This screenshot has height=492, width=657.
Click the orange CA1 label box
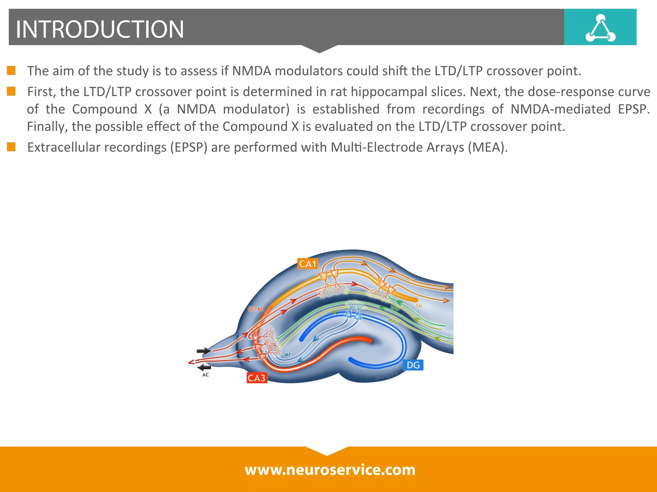click(308, 264)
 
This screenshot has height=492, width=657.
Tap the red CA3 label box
click(257, 378)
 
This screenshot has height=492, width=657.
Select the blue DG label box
click(413, 365)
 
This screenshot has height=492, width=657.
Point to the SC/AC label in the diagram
click(256, 309)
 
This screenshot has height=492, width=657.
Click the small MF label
click(288, 355)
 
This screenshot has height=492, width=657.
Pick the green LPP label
click(395, 308)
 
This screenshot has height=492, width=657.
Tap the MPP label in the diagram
click(393, 321)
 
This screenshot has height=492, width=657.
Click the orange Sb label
click(419, 306)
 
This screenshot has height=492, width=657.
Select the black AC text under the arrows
click(206, 375)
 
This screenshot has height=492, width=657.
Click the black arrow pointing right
click(203, 351)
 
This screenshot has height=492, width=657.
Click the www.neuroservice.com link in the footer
click(330, 470)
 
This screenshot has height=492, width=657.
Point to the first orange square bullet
click(11, 70)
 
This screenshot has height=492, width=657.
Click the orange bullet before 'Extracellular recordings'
click(11, 147)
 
